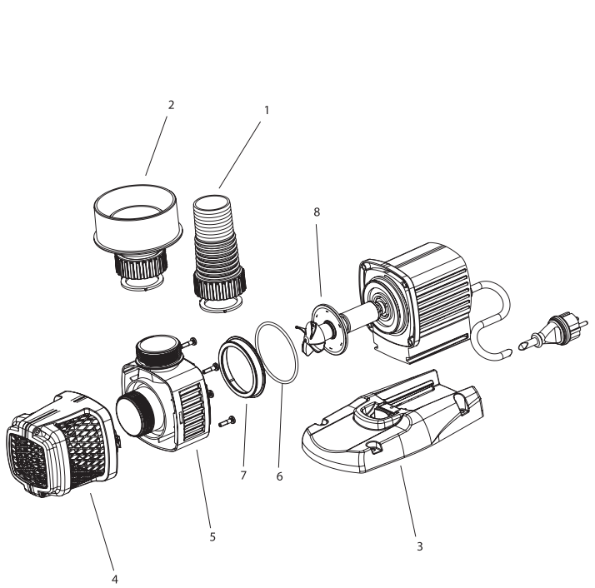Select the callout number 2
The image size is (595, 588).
click(171, 105)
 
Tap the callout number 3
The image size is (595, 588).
click(419, 547)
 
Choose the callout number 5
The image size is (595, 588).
click(212, 537)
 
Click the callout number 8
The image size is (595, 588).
click(316, 212)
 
